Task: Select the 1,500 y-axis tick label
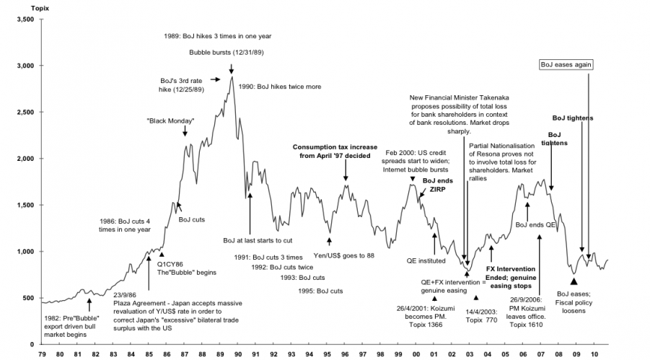click(24, 205)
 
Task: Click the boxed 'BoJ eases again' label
click(566, 64)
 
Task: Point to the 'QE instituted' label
click(426, 260)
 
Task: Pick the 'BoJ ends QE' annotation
click(535, 224)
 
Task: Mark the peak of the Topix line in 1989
click(232, 76)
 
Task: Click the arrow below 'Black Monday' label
click(185, 131)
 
